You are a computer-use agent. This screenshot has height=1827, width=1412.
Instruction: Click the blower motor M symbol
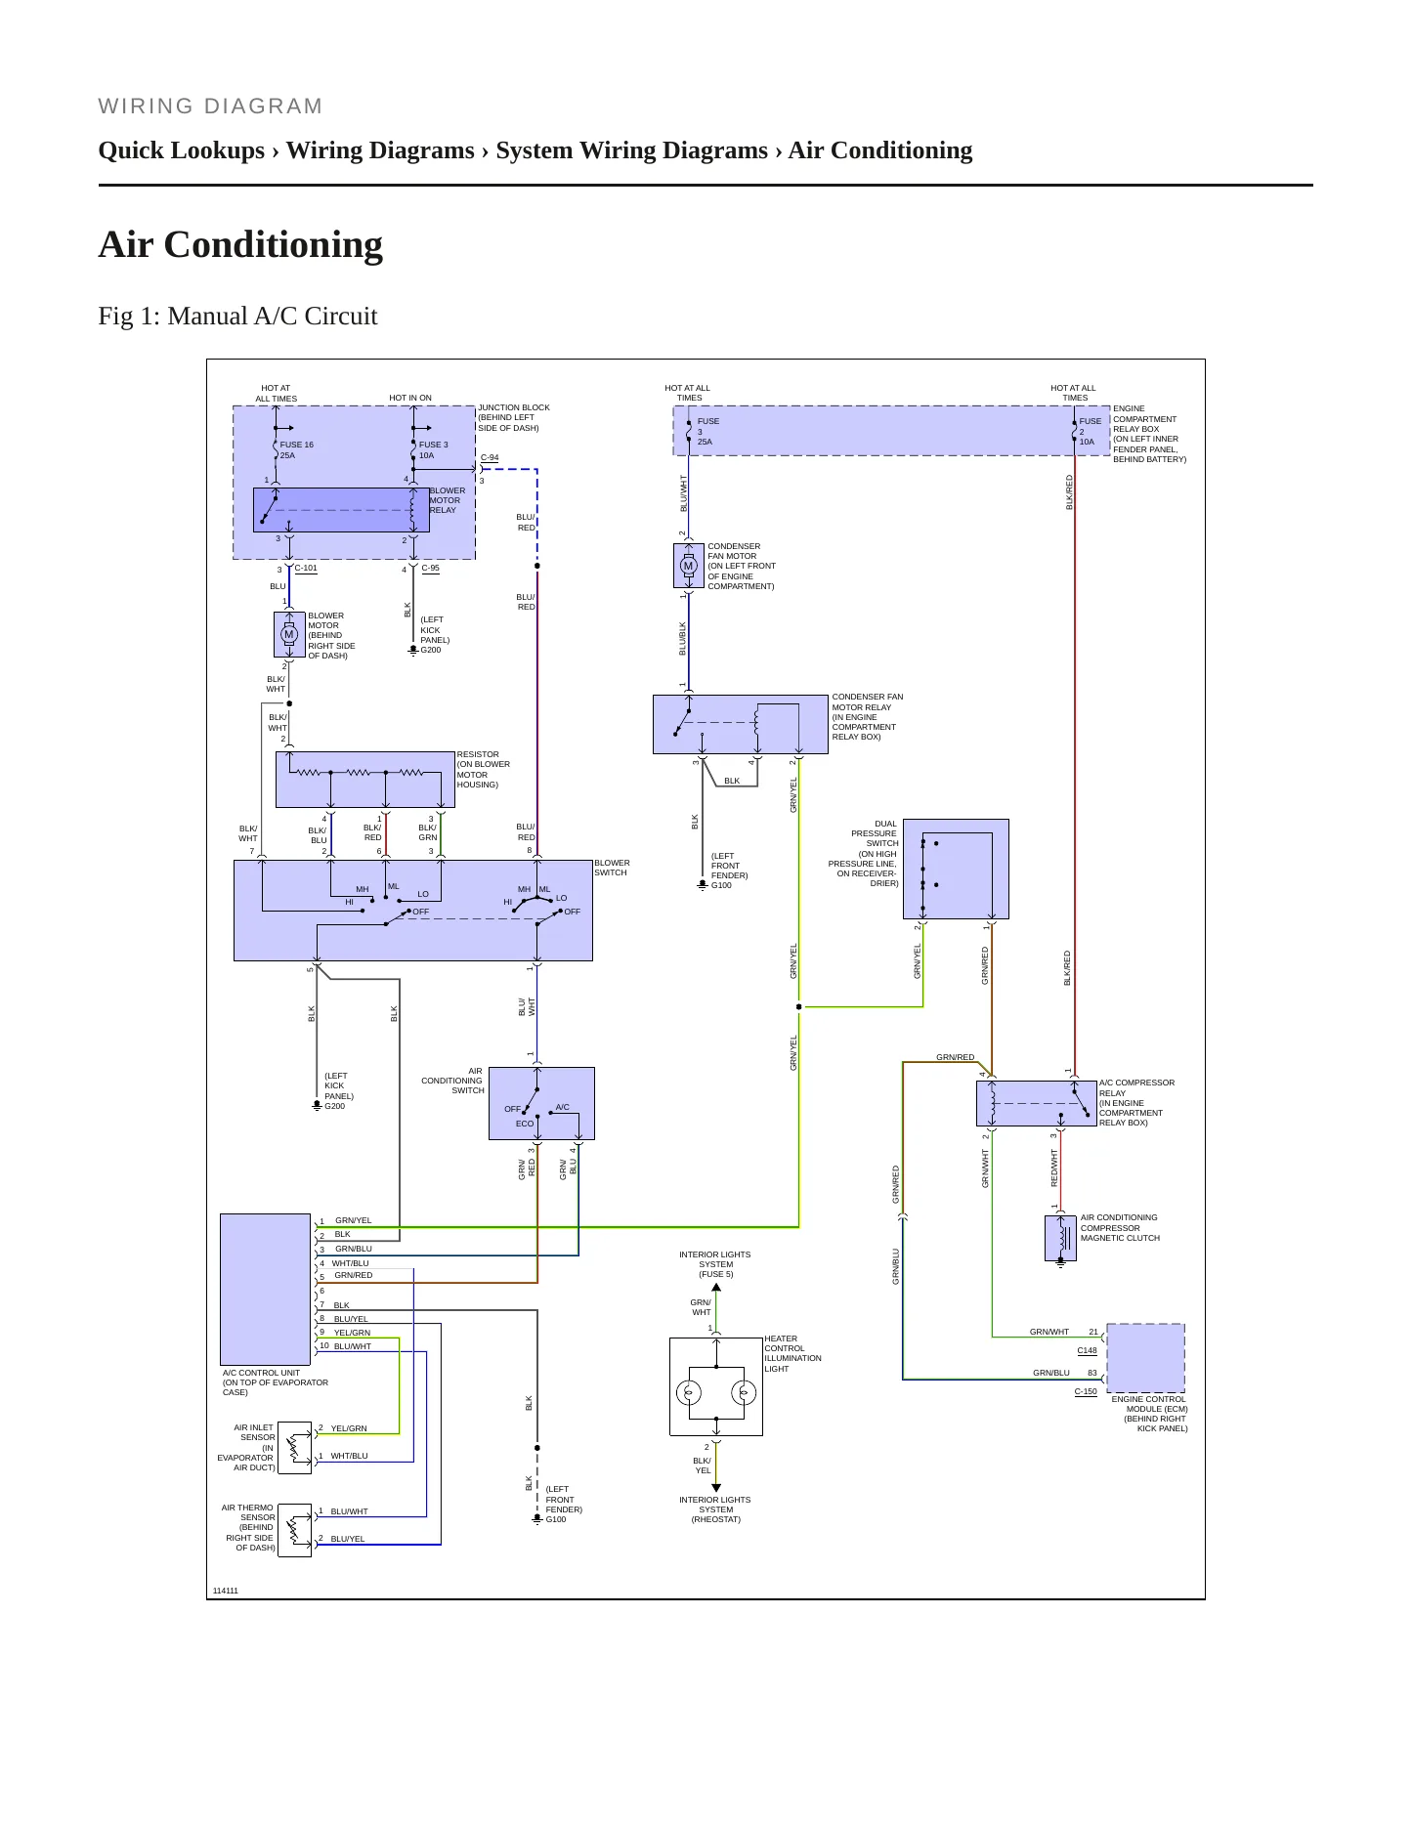(289, 635)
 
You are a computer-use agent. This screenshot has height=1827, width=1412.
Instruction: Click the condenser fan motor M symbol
(688, 567)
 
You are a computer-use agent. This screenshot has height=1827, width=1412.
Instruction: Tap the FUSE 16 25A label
(297, 450)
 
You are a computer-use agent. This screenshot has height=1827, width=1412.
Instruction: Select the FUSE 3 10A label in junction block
(434, 450)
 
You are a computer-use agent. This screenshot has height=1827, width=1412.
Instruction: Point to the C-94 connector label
(490, 457)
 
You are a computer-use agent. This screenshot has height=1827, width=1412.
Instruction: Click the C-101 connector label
(306, 568)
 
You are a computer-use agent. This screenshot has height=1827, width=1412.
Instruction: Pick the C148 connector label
(1088, 1350)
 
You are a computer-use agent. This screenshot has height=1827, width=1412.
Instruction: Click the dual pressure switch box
(956, 870)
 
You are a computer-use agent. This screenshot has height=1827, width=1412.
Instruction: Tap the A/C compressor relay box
(1036, 1103)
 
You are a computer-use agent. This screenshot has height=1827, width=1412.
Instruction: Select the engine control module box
(1145, 1358)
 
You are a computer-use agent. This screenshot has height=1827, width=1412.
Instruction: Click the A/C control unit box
(266, 1290)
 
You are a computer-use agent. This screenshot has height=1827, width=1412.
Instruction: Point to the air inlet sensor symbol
(295, 1448)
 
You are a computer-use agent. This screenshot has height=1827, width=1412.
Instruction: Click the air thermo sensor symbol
(295, 1530)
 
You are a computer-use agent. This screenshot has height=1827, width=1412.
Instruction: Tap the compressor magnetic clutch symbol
(1061, 1239)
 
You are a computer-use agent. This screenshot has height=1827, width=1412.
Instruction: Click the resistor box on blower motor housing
(365, 780)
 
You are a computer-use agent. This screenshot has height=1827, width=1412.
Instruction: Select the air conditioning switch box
(541, 1103)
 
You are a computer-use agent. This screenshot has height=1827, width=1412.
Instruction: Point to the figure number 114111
(226, 1591)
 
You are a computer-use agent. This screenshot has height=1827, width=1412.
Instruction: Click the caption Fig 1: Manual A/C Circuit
(237, 316)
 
